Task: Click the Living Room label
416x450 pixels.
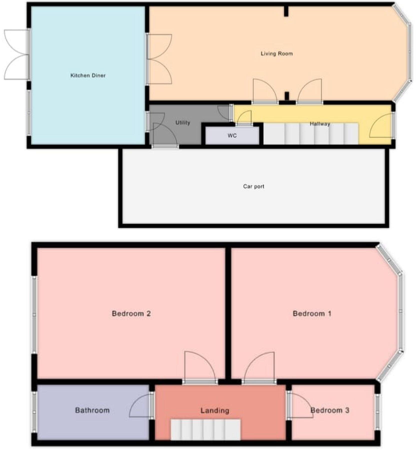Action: (x=276, y=53)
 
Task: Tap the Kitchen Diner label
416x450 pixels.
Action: (x=88, y=75)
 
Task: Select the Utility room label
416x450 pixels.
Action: (x=183, y=122)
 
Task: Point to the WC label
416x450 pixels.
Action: (x=232, y=136)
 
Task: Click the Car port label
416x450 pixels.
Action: (x=253, y=186)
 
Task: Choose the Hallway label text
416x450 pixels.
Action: (x=320, y=124)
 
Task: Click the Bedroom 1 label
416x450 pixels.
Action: (x=312, y=313)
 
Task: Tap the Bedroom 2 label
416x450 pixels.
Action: (x=131, y=313)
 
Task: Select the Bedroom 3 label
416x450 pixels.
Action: (x=330, y=410)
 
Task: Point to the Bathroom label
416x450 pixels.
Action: (x=92, y=410)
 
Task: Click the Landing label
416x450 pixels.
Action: (x=215, y=410)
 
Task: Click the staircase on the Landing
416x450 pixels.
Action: (x=205, y=430)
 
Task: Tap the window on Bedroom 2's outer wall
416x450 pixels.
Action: (x=35, y=315)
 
